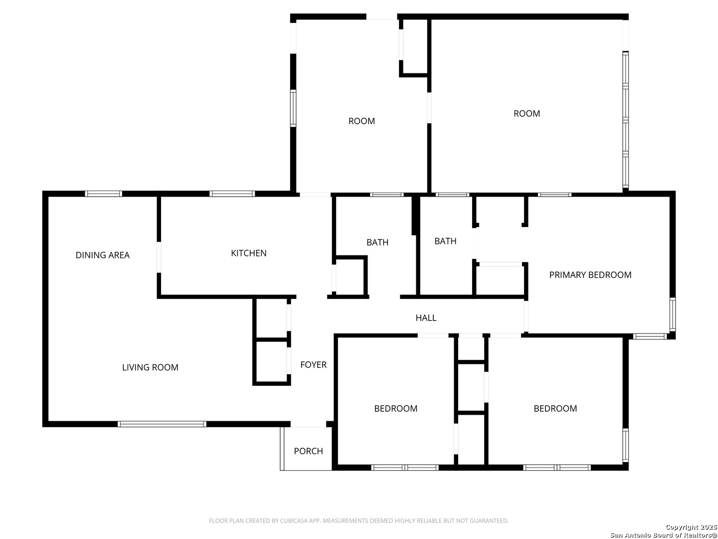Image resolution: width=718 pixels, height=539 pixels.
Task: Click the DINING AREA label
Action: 102,255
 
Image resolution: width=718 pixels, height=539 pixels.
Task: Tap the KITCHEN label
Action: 249,253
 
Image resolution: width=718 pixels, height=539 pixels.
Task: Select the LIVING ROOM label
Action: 150,367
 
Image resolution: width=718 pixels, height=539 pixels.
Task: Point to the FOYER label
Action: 313,364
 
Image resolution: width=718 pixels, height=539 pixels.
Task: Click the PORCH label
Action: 308,451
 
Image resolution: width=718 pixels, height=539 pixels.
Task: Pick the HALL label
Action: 426,317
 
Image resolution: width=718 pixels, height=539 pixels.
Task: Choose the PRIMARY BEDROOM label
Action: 590,274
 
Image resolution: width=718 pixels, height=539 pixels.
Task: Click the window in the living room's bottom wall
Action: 162,424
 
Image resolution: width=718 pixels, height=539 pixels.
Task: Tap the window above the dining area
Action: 103,194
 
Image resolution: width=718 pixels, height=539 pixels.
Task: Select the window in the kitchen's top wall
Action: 232,194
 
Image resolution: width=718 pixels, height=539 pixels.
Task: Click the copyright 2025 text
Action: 691,527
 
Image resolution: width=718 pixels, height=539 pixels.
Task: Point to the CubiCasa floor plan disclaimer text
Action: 359,521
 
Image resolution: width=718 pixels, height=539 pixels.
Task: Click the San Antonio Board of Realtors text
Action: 663,535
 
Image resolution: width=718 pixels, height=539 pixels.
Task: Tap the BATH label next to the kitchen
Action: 377,242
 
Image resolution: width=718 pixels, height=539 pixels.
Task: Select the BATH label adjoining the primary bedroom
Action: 445,241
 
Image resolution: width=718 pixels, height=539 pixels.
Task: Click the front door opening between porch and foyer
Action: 308,424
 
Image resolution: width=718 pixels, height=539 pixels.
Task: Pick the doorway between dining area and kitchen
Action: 159,257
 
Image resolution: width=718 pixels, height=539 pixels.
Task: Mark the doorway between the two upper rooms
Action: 429,108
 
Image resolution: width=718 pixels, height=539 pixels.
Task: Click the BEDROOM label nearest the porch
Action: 395,408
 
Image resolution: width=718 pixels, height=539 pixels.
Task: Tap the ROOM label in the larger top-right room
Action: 527,113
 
